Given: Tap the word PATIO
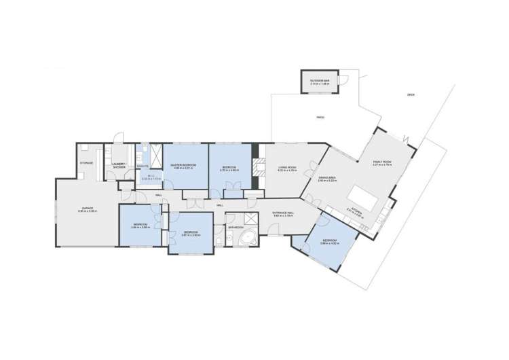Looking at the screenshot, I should tap(320, 118).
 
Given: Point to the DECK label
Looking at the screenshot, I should tap(411, 94).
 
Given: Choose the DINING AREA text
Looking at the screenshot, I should tap(328, 179).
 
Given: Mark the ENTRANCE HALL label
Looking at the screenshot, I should tap(283, 214).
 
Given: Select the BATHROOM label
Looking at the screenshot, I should tap(235, 227).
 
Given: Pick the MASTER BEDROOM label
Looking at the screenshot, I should tap(183, 165).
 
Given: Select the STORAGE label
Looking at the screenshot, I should tap(86, 163).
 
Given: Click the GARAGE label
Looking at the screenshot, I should tap(88, 210).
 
